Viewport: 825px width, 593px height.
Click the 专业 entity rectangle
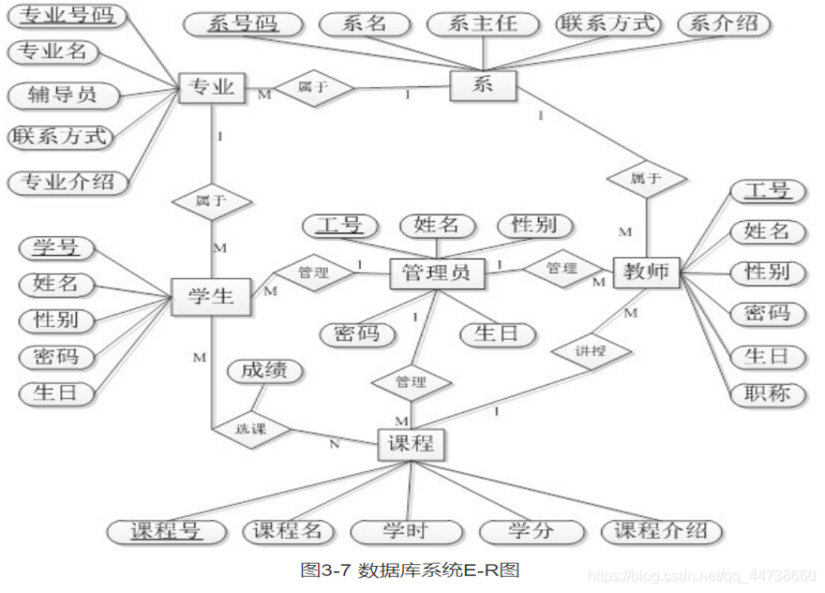coord(211,89)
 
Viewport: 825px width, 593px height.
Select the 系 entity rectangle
coord(483,86)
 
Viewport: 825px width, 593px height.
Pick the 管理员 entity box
coord(437,274)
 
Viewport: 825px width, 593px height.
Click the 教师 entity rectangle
coord(646,273)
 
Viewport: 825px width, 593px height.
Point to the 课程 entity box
coord(411,445)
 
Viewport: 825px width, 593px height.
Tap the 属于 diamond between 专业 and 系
coord(312,88)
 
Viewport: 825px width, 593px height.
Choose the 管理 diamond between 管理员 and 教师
coord(561,269)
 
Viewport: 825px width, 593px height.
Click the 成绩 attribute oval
coord(264,371)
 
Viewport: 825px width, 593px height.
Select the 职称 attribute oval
coord(767,393)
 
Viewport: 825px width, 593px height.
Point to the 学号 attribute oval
coord(56,247)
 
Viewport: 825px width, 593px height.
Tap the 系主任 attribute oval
coord(483,23)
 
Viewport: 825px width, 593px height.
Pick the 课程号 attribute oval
coord(165,531)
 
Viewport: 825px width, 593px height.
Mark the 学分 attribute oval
coord(531,531)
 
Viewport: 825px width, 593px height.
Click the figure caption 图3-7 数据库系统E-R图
coord(410,569)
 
